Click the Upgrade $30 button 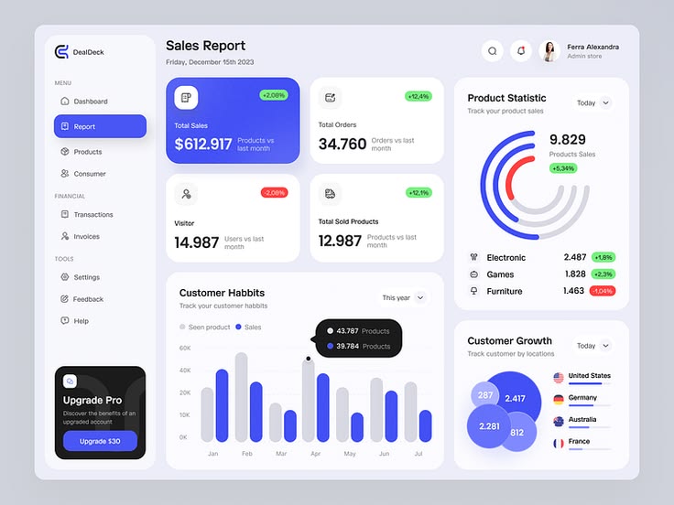point(100,441)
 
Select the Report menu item point(100,126)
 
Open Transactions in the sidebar point(93,215)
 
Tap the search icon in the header point(493,51)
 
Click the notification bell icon point(521,51)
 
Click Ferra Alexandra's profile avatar point(549,51)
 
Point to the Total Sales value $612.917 point(203,145)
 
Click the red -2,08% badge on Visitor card point(274,193)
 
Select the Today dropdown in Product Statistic point(592,103)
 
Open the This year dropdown point(404,297)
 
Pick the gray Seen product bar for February point(242,397)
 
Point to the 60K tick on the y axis point(185,349)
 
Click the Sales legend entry point(248,327)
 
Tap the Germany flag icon point(559,399)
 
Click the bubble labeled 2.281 point(489,426)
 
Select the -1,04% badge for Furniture point(603,291)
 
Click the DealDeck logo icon point(62,52)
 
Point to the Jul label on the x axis point(419,454)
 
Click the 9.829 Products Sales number point(567,139)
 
